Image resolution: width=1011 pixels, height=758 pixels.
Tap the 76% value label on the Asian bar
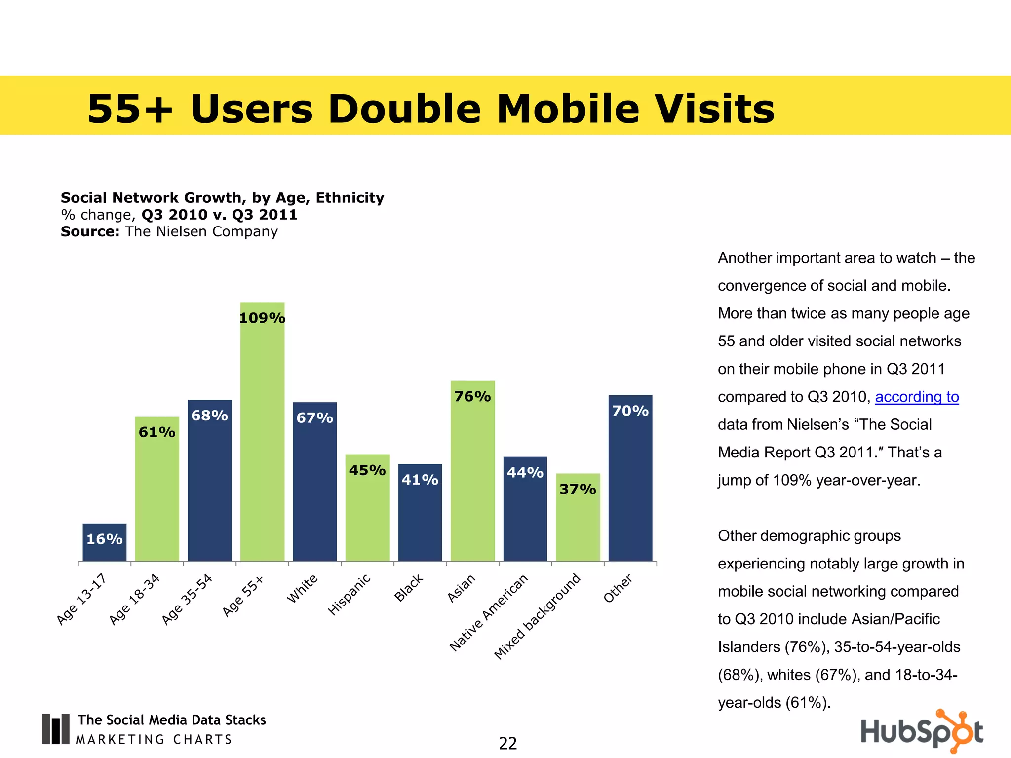click(472, 396)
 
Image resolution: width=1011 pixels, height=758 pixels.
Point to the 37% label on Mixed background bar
click(578, 489)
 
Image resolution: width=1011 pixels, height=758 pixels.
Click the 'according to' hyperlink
click(917, 397)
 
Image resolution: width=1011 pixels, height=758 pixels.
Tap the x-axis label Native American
click(489, 612)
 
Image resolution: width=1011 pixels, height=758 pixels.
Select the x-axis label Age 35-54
click(187, 599)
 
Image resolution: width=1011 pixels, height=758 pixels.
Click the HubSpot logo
click(922, 731)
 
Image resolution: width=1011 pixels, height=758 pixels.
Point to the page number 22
click(508, 743)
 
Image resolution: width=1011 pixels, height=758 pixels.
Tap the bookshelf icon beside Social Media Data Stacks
click(55, 729)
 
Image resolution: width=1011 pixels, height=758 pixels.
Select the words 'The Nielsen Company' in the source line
click(201, 231)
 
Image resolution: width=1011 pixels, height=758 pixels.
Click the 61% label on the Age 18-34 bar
click(157, 432)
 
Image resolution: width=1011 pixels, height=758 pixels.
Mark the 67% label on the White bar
click(314, 418)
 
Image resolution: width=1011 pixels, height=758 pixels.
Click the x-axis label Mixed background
click(537, 616)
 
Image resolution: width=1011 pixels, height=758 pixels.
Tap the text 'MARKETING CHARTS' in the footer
click(154, 739)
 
